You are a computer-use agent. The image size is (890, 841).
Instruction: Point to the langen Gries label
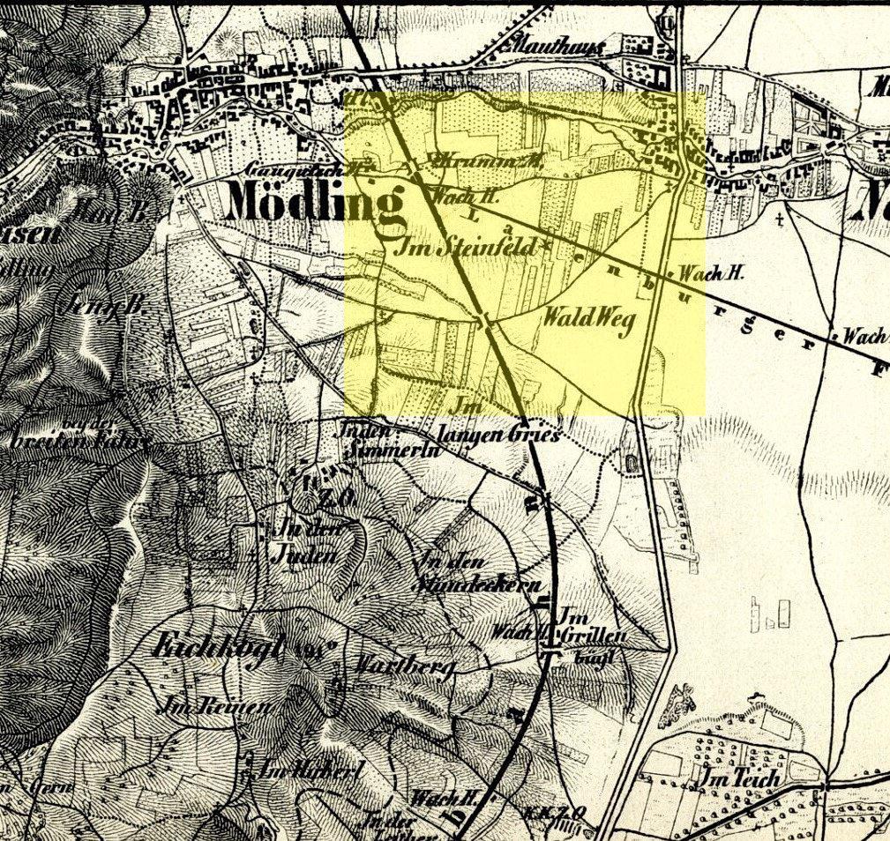(498, 435)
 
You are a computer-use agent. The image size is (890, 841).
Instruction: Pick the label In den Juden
(306, 542)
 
